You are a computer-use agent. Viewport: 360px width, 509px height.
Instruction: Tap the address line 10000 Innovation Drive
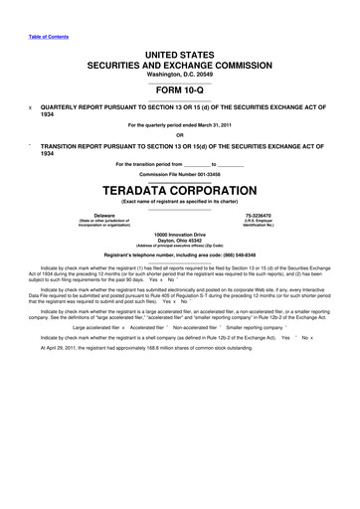click(179, 234)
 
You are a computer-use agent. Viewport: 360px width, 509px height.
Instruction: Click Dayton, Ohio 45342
click(179, 240)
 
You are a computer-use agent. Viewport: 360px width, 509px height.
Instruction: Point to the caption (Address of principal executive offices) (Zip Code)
click(179, 246)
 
